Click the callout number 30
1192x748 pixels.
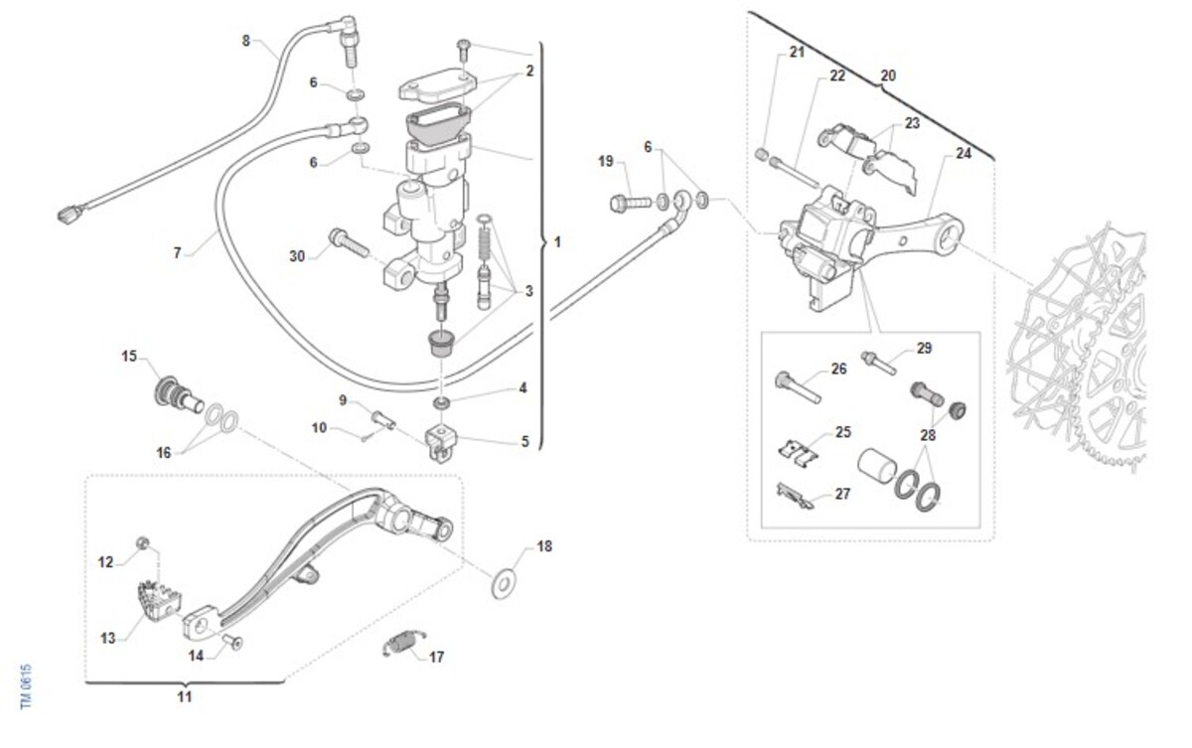click(x=297, y=256)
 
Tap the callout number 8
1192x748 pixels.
click(x=246, y=40)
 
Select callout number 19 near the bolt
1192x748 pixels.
click(x=606, y=161)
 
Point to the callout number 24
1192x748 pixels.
click(x=964, y=154)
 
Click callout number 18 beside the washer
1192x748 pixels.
click(x=544, y=546)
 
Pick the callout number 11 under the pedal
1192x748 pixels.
click(x=184, y=696)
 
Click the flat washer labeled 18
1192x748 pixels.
click(x=509, y=579)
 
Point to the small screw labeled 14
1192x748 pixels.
click(x=236, y=643)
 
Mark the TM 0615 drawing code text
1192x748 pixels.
click(x=27, y=686)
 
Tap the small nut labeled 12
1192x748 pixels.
click(x=144, y=542)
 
